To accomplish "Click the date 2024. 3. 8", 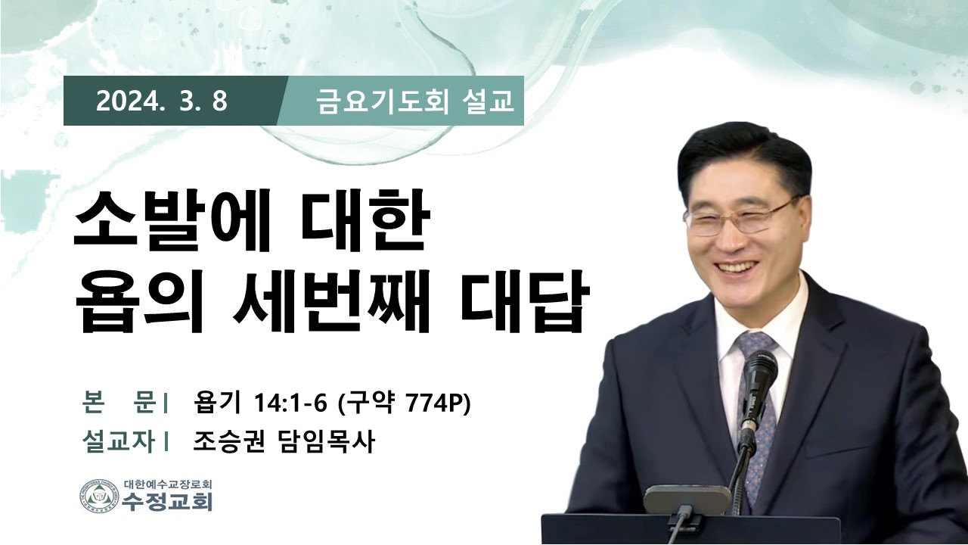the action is [x=162, y=101].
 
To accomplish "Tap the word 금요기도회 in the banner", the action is [x=377, y=102].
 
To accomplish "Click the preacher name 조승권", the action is [x=228, y=441].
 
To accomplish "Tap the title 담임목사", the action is [x=324, y=441].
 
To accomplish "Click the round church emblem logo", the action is [x=99, y=496].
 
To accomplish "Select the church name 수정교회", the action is [x=167, y=502].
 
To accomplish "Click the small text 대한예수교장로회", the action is [x=167, y=484].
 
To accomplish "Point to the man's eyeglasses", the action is [x=739, y=219].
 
